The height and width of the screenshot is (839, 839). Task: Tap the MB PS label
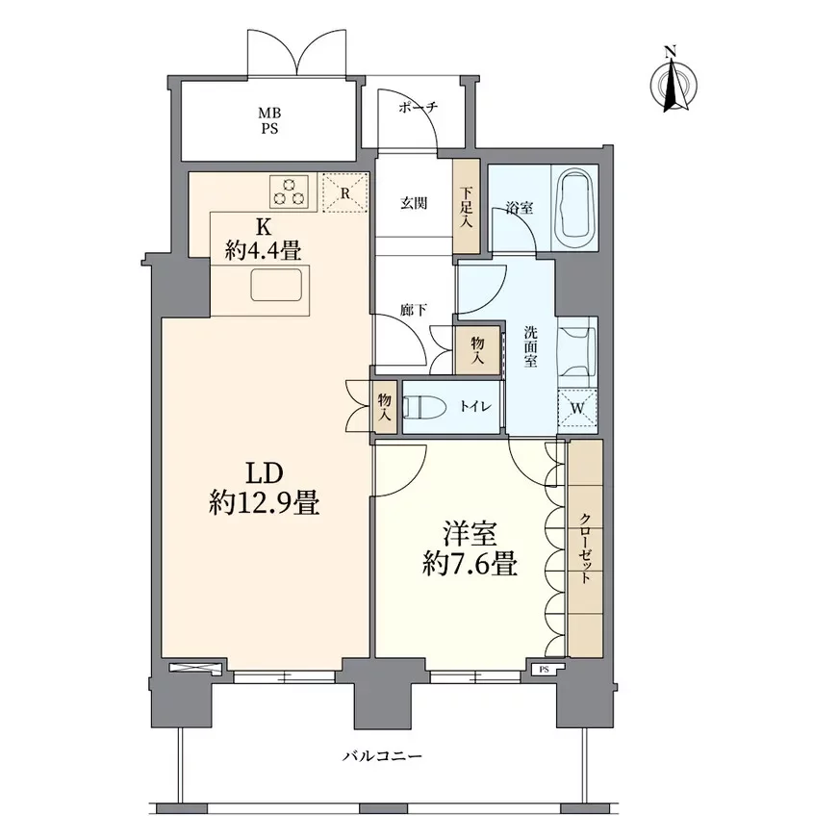(x=269, y=121)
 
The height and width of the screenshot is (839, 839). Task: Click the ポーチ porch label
(x=419, y=107)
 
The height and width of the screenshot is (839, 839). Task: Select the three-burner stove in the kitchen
(x=290, y=191)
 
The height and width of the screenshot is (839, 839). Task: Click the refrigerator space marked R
(x=345, y=192)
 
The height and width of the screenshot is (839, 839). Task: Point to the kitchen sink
(x=276, y=284)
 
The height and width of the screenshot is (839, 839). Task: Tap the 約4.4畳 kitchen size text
(x=263, y=250)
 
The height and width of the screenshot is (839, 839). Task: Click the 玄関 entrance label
(x=414, y=203)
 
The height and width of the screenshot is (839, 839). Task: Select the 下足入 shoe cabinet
(x=466, y=207)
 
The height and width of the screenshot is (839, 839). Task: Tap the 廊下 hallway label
(x=414, y=310)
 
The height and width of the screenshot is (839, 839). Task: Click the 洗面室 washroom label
(x=530, y=346)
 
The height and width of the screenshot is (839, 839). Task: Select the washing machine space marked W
(x=577, y=408)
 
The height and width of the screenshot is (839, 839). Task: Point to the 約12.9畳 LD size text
(x=265, y=503)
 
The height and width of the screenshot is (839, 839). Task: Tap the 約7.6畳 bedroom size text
(x=470, y=564)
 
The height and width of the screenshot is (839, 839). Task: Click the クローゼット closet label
(x=586, y=547)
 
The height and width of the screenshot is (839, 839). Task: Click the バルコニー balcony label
(x=382, y=756)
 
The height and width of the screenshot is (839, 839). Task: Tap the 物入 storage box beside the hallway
(x=477, y=349)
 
